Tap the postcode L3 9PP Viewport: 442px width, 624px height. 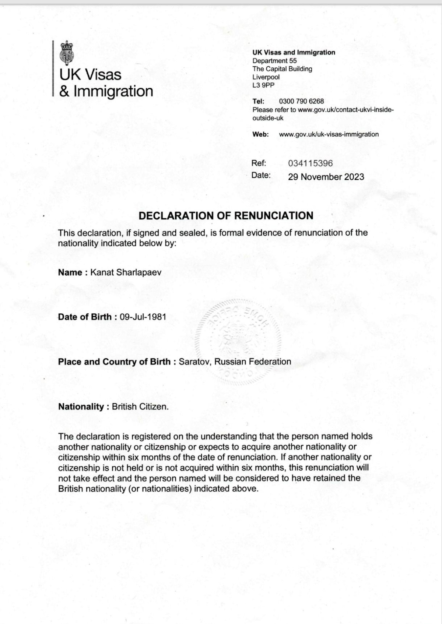click(263, 85)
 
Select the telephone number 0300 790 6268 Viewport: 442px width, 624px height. click(301, 101)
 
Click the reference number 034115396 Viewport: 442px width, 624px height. click(310, 163)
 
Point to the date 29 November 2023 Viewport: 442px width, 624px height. click(326, 177)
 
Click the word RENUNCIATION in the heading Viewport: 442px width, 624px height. click(274, 216)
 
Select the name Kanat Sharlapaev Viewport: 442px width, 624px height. click(126, 272)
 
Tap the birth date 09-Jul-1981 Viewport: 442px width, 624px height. click(143, 317)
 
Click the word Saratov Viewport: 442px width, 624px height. click(194, 362)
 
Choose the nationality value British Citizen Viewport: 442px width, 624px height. click(140, 407)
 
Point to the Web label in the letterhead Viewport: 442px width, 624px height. click(260, 134)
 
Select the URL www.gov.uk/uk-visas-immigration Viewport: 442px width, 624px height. click(329, 134)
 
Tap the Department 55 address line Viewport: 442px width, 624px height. click(274, 61)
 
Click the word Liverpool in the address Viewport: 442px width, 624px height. click(266, 77)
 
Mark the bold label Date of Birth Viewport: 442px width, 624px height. click(85, 317)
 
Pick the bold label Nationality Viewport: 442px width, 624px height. click(81, 407)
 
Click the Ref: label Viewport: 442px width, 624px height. click(259, 163)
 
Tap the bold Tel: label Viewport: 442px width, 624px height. click(258, 101)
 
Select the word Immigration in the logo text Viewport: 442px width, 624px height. click(113, 91)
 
